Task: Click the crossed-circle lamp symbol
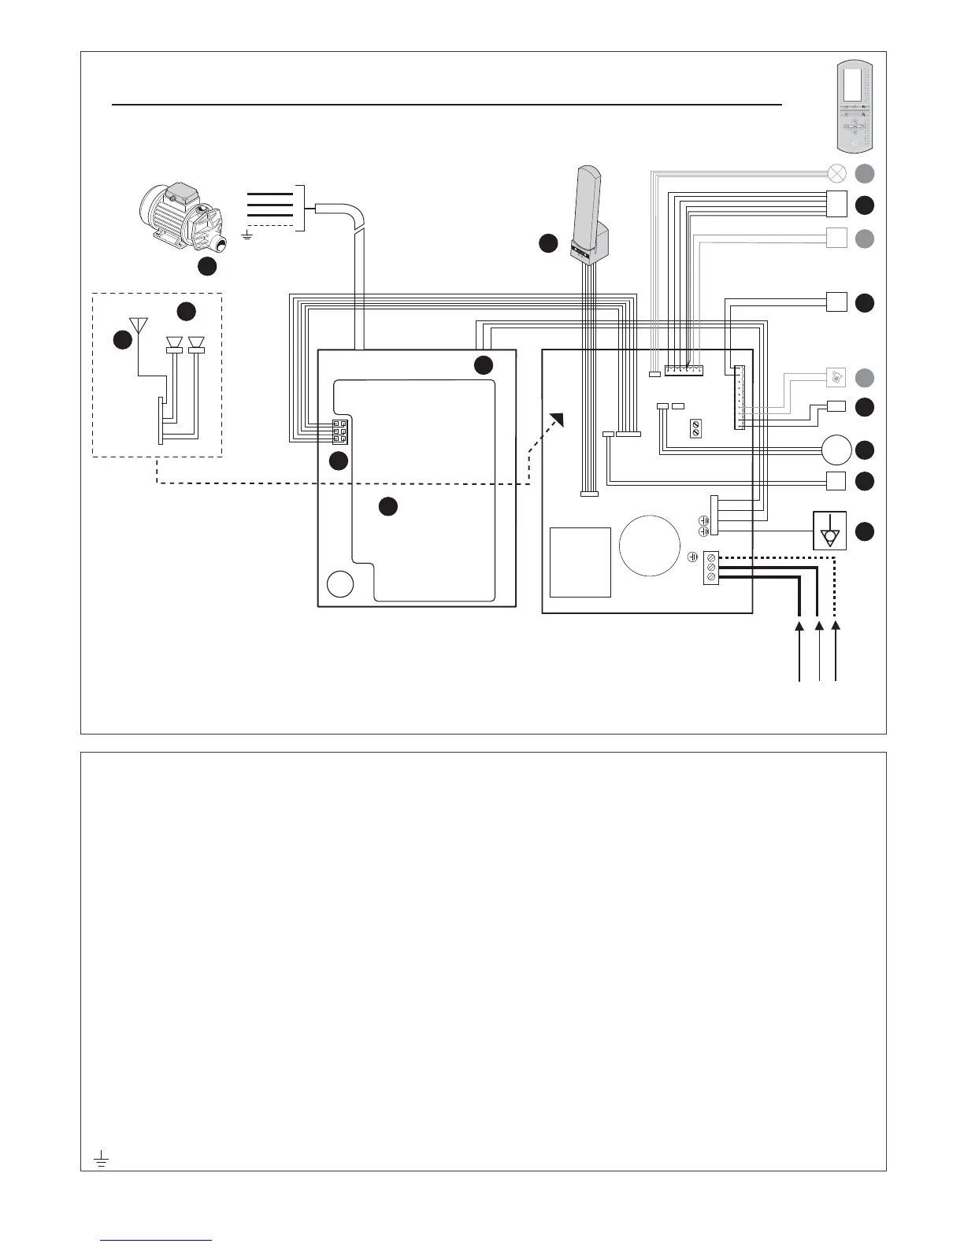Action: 836,173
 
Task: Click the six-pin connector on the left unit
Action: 339,432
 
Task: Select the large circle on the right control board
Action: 649,545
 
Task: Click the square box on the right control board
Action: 580,562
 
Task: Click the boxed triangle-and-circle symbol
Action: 829,530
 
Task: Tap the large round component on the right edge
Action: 836,450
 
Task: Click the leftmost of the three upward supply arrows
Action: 800,627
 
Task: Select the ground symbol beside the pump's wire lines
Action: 247,234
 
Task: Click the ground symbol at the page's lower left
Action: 101,1158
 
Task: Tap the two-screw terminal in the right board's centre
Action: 695,429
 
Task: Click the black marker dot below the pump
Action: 207,267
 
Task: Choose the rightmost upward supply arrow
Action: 836,627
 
